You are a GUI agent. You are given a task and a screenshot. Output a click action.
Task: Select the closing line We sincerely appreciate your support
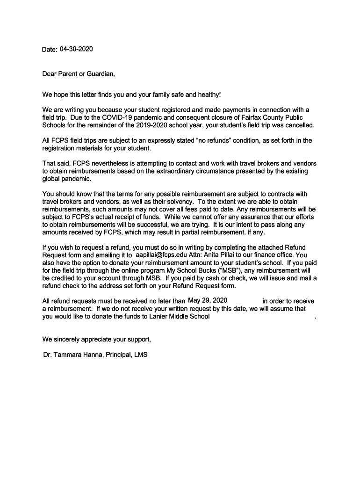coord(97,339)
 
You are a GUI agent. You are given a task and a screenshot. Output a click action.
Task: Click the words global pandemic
coord(67,179)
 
